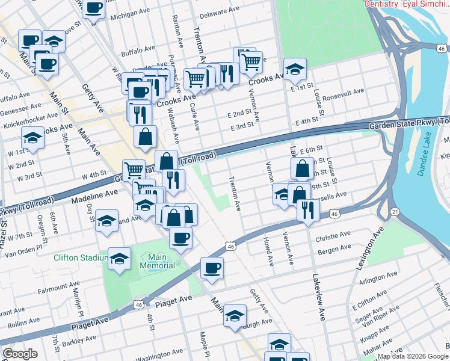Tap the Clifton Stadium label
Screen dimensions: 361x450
80,258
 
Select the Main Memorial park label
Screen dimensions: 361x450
158,261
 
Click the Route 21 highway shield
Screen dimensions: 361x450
395,211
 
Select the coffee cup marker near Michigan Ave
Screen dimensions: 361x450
93,8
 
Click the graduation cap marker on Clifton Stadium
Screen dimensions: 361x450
119,259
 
